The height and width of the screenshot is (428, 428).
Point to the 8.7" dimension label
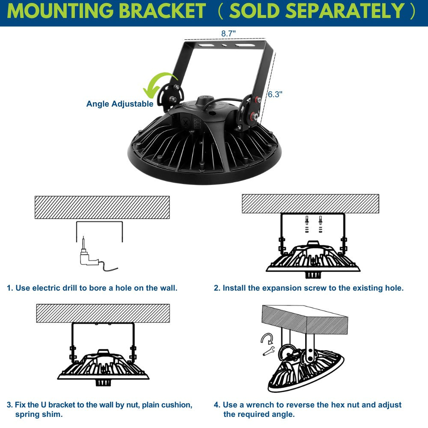tap(228, 33)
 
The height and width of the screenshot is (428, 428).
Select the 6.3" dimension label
tap(275, 94)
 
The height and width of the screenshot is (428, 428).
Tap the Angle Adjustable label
tap(119, 104)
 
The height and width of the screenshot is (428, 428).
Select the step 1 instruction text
tap(92, 288)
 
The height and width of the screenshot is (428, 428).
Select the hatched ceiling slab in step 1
tap(102, 207)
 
